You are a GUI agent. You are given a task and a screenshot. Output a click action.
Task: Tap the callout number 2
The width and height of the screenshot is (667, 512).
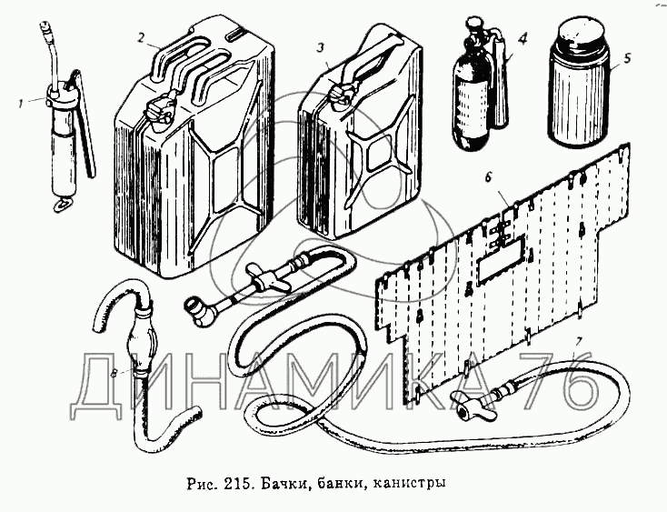(142, 37)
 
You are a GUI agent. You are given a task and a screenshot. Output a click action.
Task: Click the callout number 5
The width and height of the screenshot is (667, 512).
(625, 66)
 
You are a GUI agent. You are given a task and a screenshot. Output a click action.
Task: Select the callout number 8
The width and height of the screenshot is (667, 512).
(112, 373)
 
